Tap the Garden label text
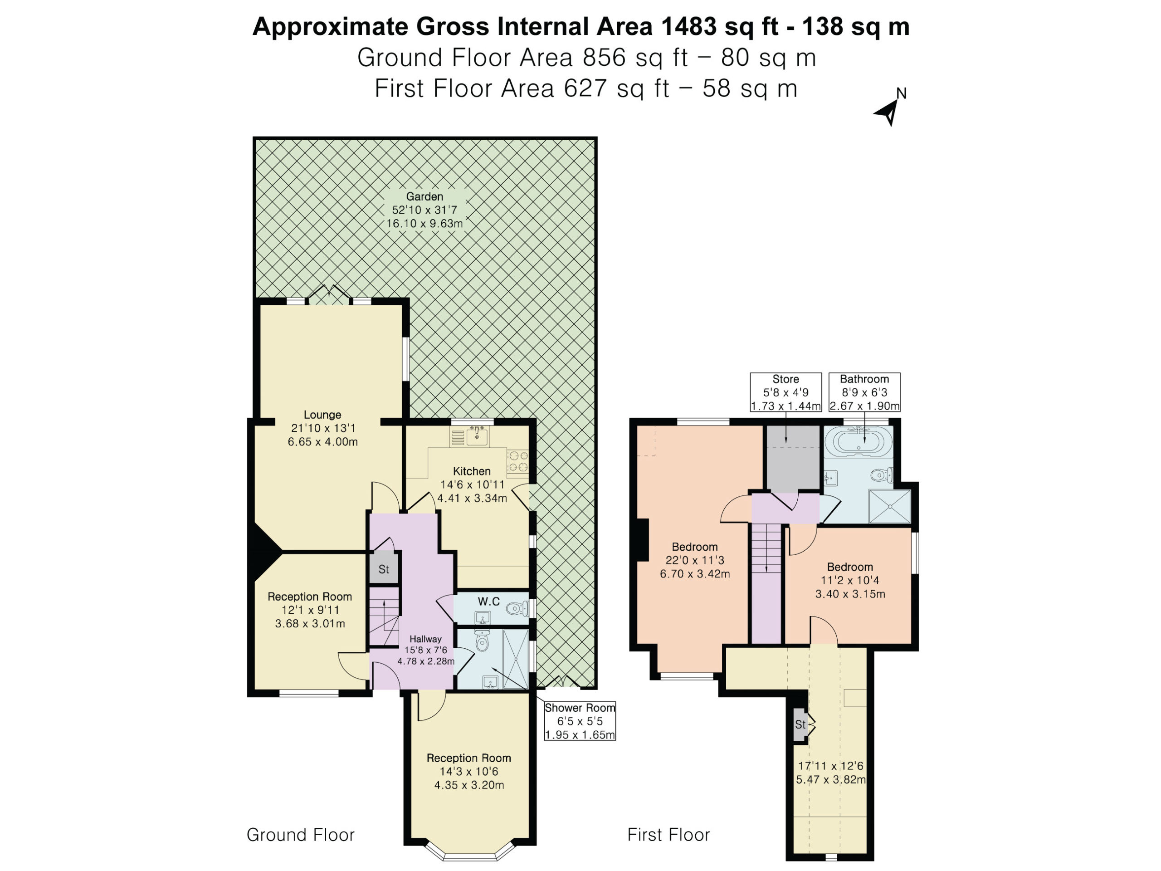[424, 196]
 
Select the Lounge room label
[322, 415]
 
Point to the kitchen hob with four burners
[517, 461]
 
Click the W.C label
[488, 602]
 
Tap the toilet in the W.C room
[517, 609]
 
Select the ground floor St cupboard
[384, 567]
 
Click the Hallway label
[425, 639]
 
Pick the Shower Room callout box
[580, 721]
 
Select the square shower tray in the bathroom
[890, 506]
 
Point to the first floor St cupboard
[801, 725]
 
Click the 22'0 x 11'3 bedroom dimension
[694, 560]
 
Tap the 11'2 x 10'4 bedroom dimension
[850, 580]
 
